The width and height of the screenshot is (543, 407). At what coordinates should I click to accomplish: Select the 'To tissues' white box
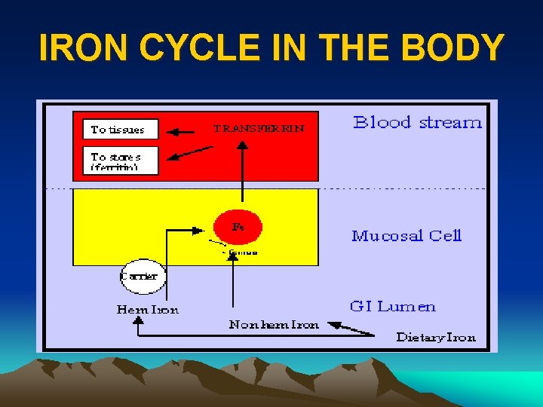(120, 130)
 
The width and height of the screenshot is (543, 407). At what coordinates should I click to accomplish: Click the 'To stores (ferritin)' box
(120, 161)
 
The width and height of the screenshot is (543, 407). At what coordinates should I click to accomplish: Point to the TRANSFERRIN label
(259, 129)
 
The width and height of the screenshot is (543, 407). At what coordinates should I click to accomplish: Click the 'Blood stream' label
(417, 123)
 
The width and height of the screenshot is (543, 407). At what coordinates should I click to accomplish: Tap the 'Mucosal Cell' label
(406, 236)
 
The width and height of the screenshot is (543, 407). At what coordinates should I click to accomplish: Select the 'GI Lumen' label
(392, 306)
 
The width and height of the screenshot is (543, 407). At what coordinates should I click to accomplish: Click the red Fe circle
(238, 226)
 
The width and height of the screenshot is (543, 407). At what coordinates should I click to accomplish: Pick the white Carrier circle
(140, 276)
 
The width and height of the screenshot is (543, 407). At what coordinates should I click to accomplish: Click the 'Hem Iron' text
(148, 310)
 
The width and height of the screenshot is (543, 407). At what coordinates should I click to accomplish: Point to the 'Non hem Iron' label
(274, 325)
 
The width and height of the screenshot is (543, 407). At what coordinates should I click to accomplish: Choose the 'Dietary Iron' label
(436, 337)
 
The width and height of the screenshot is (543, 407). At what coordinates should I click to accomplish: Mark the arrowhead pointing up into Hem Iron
(138, 320)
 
